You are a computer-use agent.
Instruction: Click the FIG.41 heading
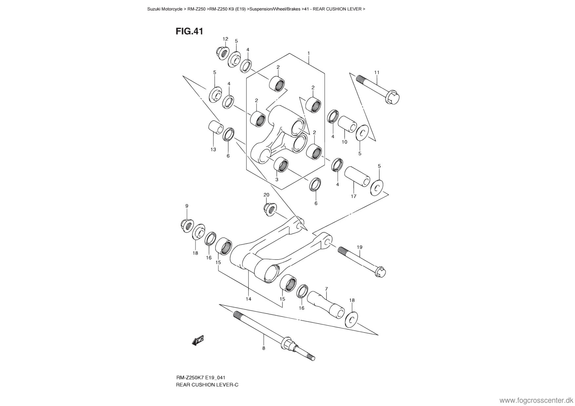[189, 31]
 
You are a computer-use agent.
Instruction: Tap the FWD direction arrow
[198, 341]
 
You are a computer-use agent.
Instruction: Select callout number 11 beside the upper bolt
[377, 72]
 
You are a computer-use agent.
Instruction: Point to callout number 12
[225, 39]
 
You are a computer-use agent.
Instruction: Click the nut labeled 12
[222, 53]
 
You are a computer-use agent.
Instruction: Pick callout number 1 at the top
[308, 53]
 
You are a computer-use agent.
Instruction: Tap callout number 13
[213, 150]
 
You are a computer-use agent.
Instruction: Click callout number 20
[266, 195]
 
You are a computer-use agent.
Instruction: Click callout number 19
[359, 247]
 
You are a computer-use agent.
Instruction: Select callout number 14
[248, 299]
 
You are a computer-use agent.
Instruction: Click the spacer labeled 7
[326, 304]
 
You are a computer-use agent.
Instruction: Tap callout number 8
[264, 348]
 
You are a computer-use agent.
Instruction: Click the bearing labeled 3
[281, 164]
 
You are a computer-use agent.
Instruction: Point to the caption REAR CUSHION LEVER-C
[207, 385]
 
